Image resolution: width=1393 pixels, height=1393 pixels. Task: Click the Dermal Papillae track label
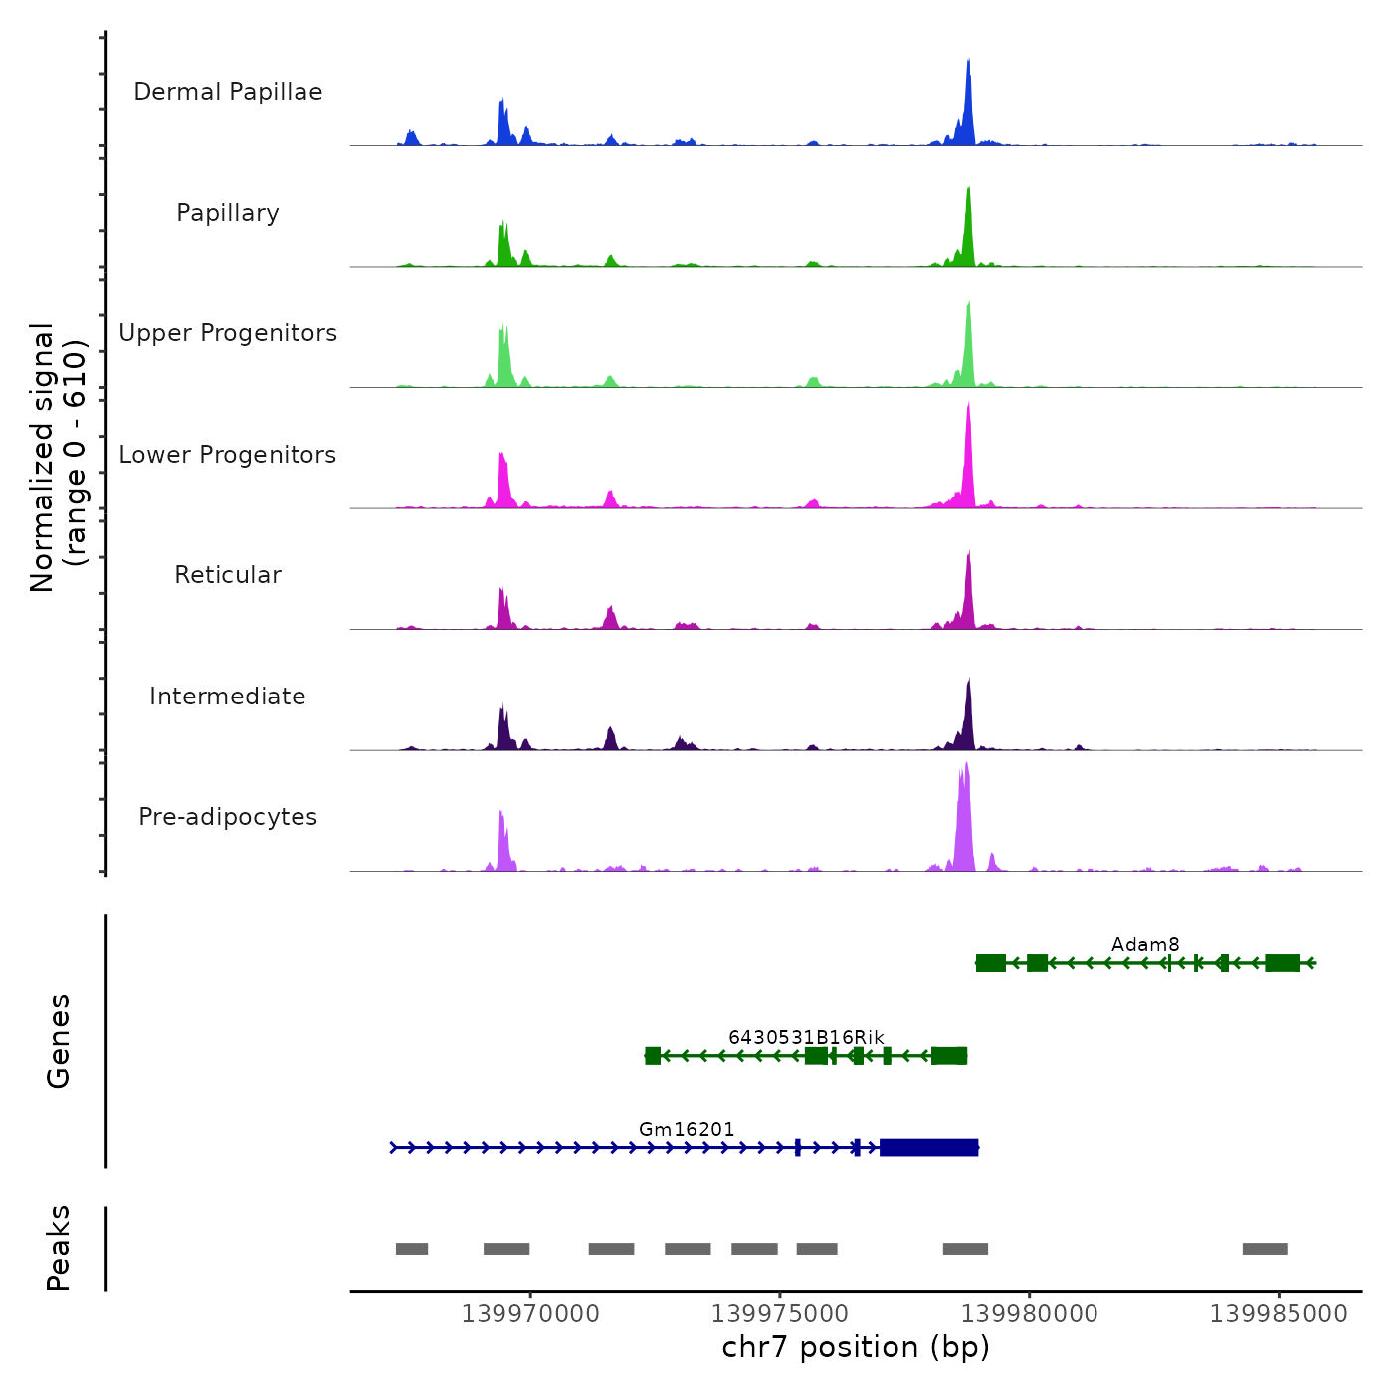point(228,92)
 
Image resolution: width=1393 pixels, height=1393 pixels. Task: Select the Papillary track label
point(228,213)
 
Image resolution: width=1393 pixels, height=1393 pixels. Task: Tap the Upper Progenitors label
point(228,333)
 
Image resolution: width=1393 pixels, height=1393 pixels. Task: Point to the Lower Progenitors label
point(228,455)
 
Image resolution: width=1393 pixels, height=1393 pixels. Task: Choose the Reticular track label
point(228,575)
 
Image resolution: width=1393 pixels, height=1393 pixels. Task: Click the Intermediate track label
point(228,696)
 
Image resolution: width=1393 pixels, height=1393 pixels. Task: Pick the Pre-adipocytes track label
point(228,817)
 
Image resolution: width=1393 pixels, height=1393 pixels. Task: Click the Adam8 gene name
point(1145,944)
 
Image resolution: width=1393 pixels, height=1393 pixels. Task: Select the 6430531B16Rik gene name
point(806,1037)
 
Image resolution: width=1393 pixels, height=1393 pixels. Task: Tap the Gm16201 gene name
point(687,1129)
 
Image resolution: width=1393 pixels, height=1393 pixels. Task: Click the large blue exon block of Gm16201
point(928,1148)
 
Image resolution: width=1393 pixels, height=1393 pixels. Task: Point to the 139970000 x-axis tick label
point(530,1314)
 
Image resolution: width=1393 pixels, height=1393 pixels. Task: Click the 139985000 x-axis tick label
point(1279,1314)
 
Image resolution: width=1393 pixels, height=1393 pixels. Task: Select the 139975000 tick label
point(780,1314)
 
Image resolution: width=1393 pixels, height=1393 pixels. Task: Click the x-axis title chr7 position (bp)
point(856,1347)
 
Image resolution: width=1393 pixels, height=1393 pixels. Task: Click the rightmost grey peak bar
point(1265,1249)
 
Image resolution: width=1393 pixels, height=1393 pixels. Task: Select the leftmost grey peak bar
point(412,1249)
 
